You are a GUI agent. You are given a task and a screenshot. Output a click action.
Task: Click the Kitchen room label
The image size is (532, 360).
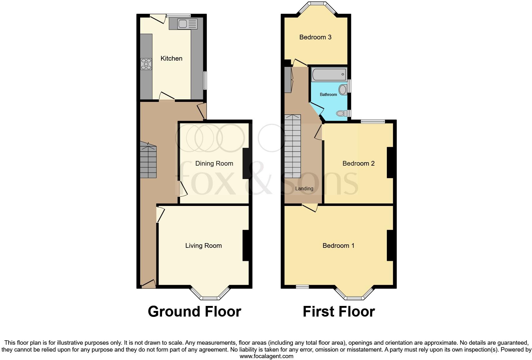coord(171,58)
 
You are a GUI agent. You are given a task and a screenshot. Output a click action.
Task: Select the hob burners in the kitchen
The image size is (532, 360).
coord(146,64)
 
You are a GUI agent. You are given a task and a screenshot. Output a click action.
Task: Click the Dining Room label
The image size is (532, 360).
coord(214,163)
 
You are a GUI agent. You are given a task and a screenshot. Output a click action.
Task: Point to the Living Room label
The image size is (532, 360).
coord(203,246)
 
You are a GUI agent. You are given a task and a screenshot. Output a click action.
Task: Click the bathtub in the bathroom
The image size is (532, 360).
coord(328,75)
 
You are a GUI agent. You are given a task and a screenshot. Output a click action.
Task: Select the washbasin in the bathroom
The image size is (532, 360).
coord(342,90)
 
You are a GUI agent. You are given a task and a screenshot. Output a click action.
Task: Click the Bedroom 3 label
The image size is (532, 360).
coord(315,37)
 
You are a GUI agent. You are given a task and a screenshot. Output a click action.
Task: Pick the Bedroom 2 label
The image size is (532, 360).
coord(358,163)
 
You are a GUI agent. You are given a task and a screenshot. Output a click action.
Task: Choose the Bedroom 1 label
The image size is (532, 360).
coord(338,246)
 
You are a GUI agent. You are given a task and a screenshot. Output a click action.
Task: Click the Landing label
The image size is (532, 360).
coord(304,188)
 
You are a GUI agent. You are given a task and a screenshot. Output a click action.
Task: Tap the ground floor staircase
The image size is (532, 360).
coord(148,161)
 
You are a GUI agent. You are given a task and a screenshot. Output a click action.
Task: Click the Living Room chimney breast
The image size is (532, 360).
coord(246,245)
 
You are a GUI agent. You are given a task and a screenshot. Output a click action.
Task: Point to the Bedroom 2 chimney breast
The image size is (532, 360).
coord(390,162)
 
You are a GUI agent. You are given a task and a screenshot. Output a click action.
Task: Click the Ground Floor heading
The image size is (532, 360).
coord(194,312)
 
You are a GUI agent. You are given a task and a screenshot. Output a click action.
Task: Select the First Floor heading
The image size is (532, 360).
coord(338,312)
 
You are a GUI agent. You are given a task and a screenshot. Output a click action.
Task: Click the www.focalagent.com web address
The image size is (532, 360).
coord(266,356)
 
